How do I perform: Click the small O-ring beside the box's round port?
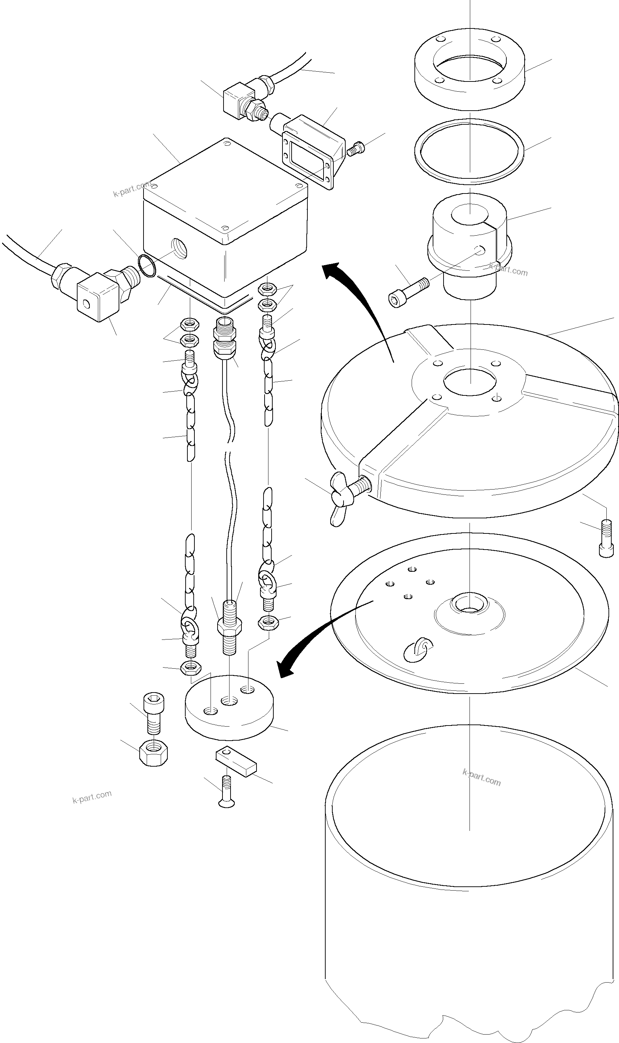(x=146, y=266)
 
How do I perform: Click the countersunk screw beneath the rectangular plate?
(x=226, y=791)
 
